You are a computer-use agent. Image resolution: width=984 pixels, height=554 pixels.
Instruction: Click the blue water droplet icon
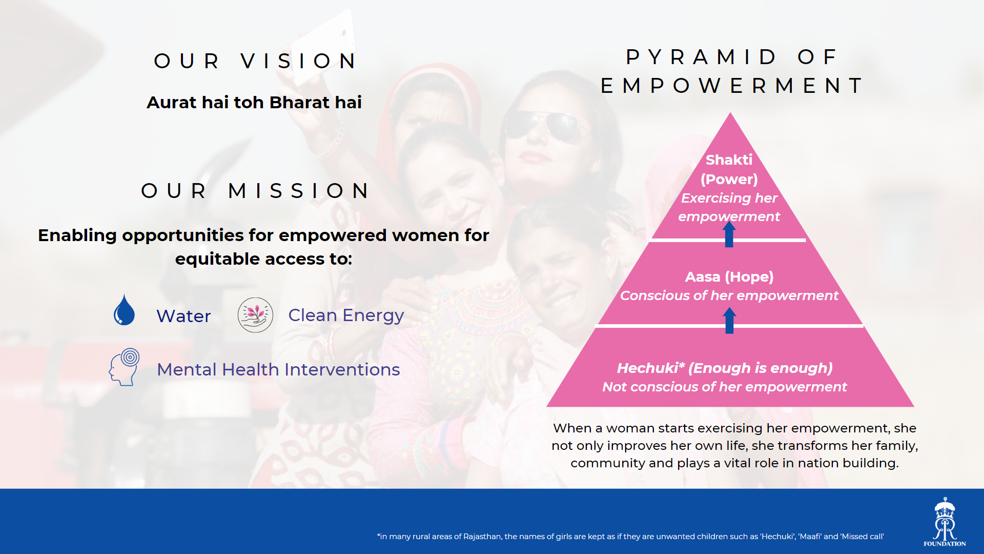pyautogui.click(x=124, y=310)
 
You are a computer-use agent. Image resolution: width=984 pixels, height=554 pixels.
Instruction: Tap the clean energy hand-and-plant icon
pyautogui.click(x=255, y=315)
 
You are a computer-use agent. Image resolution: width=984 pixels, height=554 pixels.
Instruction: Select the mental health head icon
pyautogui.click(x=124, y=367)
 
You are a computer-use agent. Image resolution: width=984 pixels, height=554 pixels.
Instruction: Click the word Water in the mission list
pyautogui.click(x=183, y=316)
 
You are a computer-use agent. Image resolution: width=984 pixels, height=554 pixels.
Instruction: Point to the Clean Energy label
pyautogui.click(x=346, y=315)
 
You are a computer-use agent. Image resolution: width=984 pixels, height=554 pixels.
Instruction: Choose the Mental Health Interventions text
pyautogui.click(x=278, y=369)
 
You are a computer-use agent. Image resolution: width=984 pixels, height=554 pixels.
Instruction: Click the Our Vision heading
pyautogui.click(x=256, y=61)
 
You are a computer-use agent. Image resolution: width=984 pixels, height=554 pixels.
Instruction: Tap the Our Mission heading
pyautogui.click(x=255, y=191)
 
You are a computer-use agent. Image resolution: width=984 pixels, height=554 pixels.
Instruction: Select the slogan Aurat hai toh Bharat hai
pyautogui.click(x=254, y=102)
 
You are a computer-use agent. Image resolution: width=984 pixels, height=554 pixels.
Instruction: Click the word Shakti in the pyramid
pyautogui.click(x=729, y=160)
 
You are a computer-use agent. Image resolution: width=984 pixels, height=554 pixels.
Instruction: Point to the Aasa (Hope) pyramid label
pyautogui.click(x=729, y=277)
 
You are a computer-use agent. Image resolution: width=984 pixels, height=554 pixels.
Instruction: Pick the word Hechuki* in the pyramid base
pyautogui.click(x=650, y=368)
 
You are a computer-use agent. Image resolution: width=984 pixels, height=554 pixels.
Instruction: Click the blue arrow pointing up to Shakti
pyautogui.click(x=729, y=234)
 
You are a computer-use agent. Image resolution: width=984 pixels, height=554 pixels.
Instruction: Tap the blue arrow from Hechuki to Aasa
pyautogui.click(x=729, y=320)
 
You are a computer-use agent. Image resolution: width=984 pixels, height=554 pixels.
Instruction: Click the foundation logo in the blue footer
pyautogui.click(x=945, y=522)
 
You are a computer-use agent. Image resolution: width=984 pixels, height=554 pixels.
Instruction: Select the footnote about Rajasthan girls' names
pyautogui.click(x=630, y=537)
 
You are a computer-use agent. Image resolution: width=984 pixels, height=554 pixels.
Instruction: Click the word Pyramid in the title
pyautogui.click(x=701, y=57)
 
